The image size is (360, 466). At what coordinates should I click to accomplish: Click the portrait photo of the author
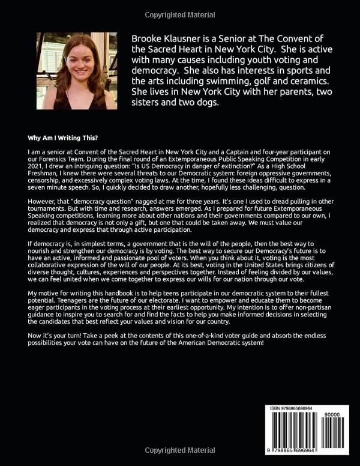tap(77, 71)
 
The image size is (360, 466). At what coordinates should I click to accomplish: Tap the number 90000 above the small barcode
tap(338, 415)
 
